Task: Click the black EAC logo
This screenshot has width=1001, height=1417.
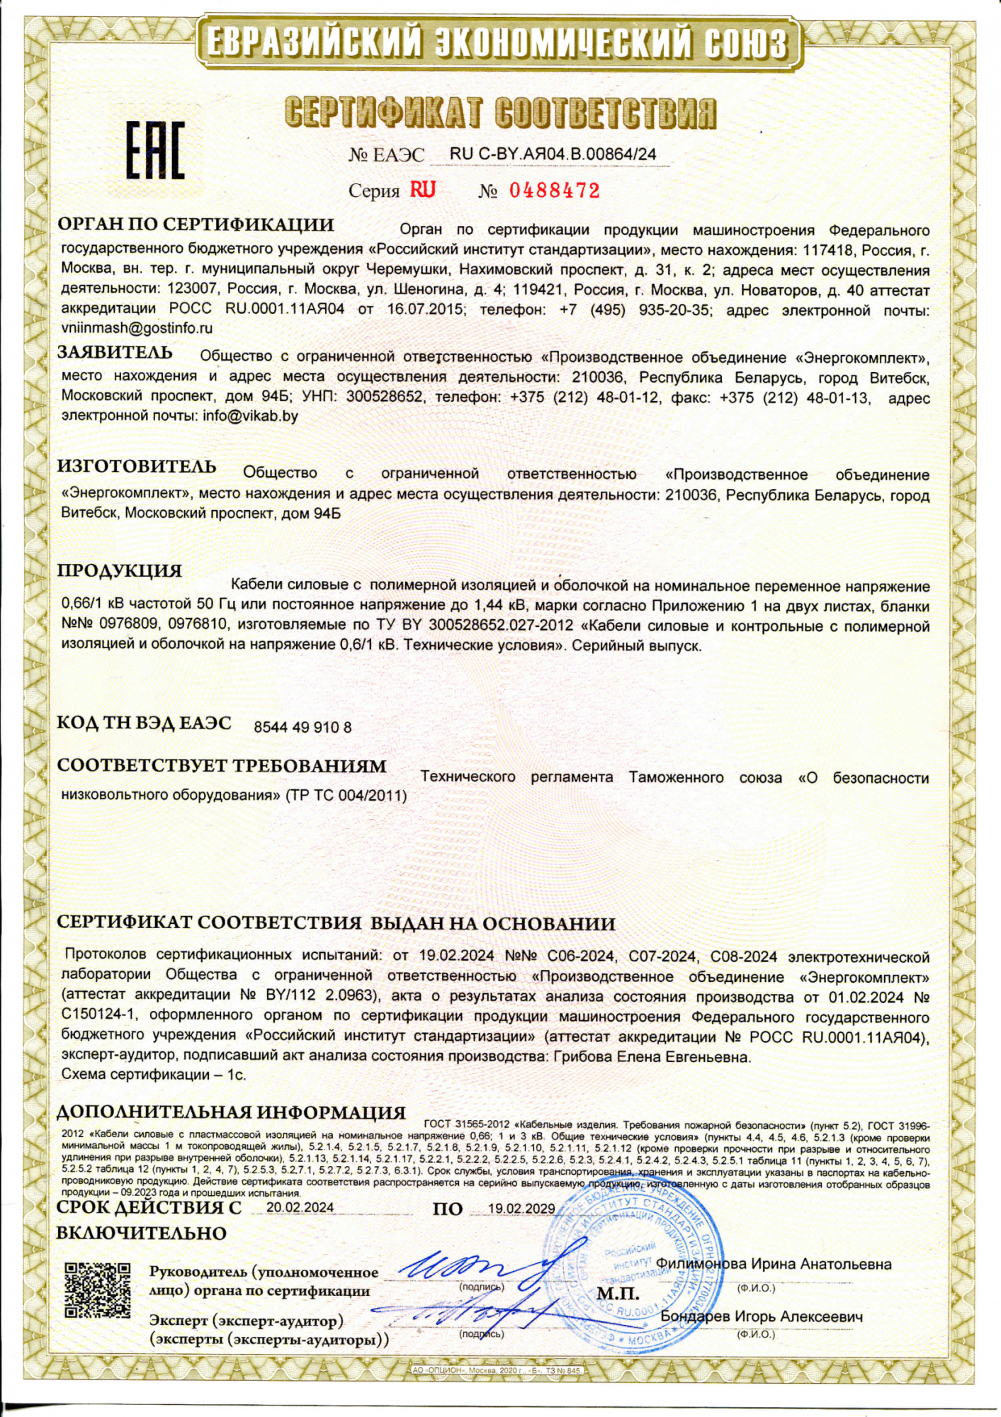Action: coord(155,150)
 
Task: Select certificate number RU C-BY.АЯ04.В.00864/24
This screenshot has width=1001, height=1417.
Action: coord(553,154)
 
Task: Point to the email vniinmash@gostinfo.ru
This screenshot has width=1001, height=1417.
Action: coord(137,328)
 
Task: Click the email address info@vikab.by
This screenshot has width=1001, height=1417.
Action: coord(250,416)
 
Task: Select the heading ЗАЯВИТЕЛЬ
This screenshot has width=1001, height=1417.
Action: coord(115,352)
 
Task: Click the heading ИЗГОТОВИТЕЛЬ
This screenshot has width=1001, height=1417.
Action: coord(137,466)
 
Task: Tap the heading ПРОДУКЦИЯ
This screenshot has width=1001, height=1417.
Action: coord(120,570)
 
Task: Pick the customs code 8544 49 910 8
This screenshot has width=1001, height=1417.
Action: coord(302,727)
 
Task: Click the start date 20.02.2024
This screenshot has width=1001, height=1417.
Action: coord(300,1207)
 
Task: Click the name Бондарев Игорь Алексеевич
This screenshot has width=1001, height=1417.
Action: coord(762,1316)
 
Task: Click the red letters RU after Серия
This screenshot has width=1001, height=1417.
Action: coord(422,190)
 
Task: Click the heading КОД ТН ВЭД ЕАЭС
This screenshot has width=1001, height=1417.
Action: coord(144,723)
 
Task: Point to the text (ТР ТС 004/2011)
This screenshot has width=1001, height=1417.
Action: coord(346,796)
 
